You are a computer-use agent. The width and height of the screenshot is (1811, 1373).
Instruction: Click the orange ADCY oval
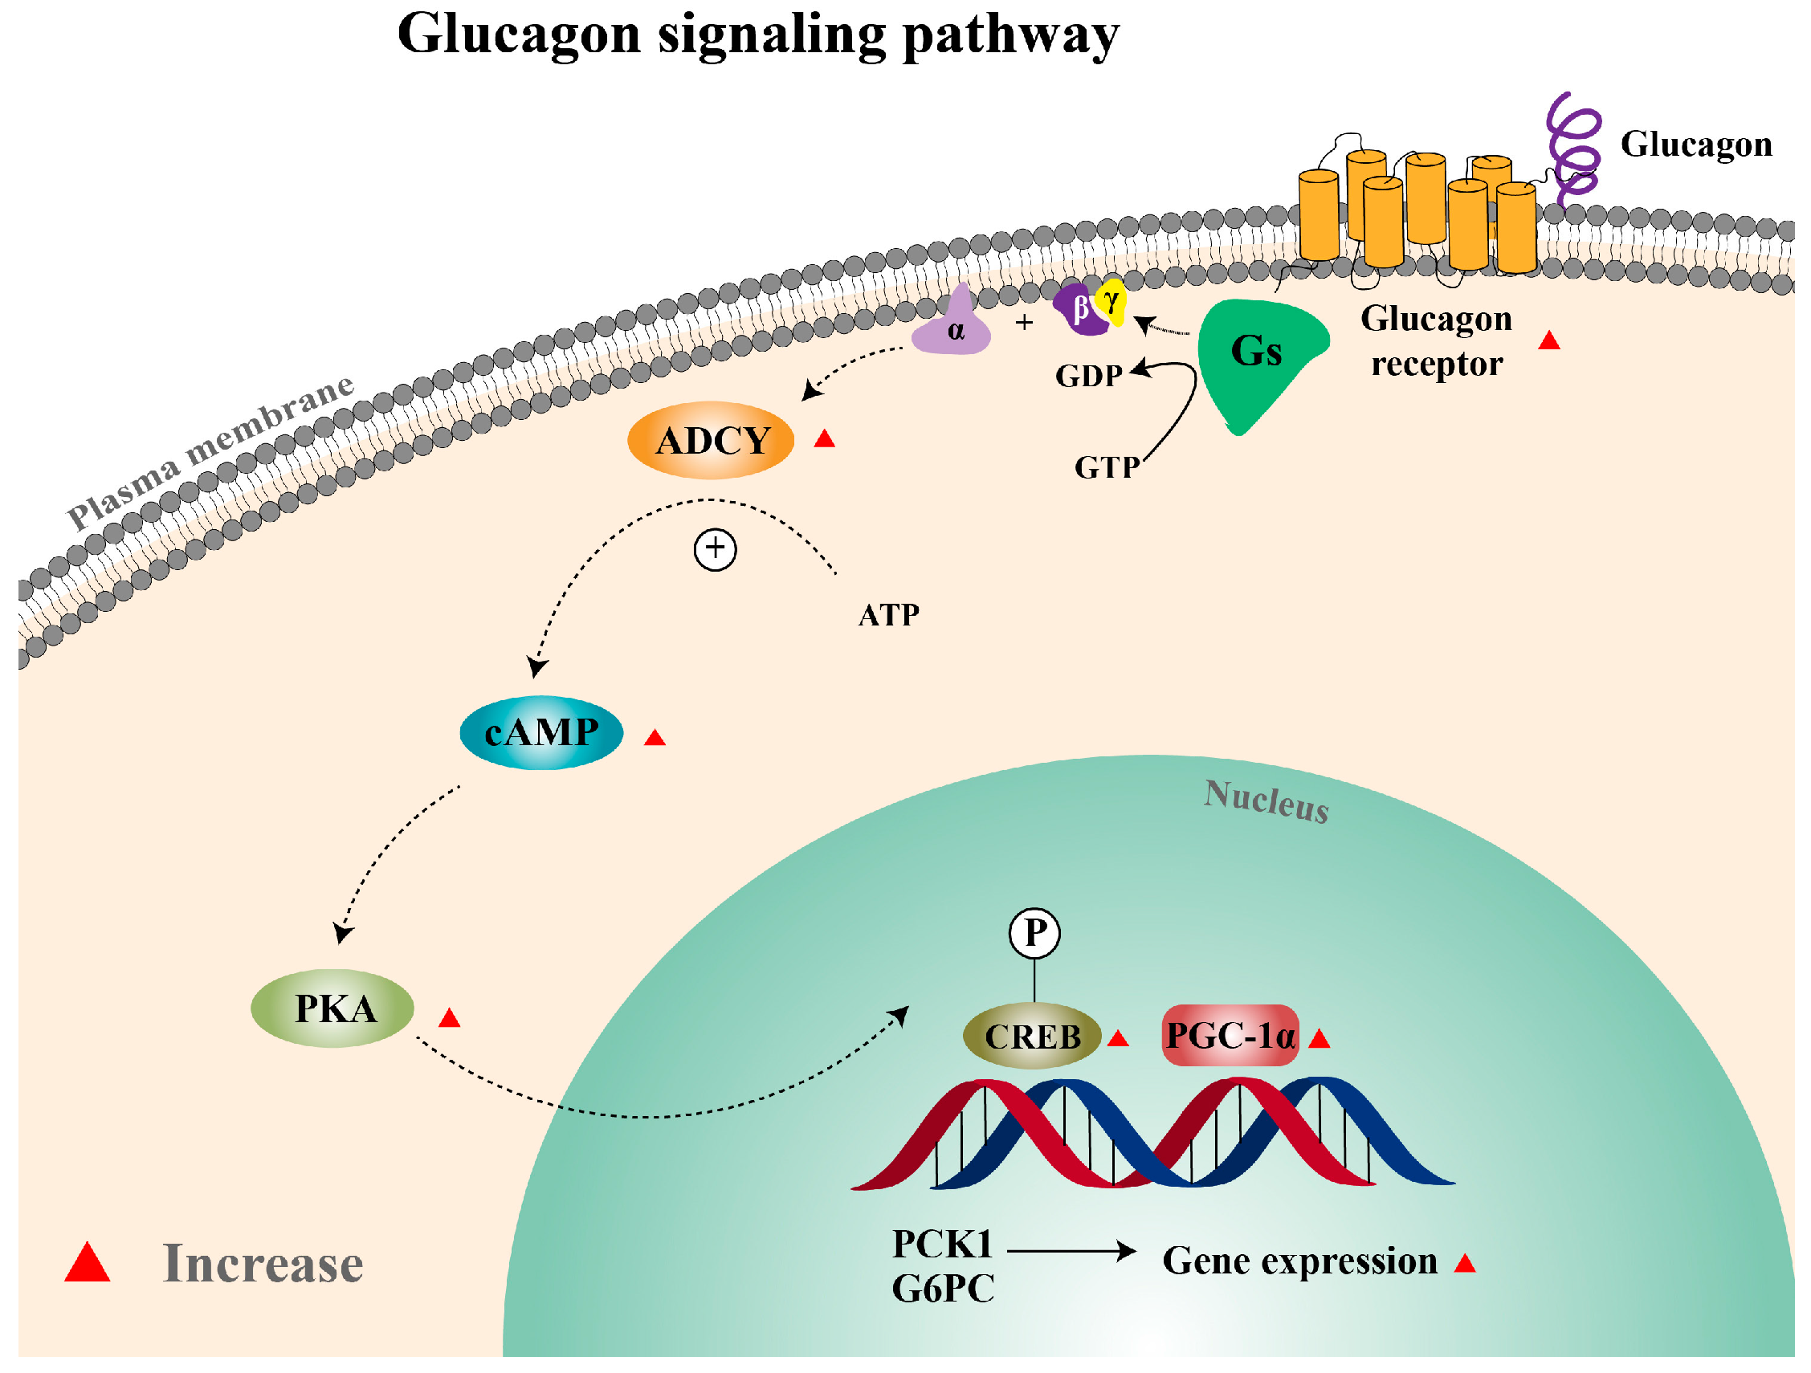pos(711,441)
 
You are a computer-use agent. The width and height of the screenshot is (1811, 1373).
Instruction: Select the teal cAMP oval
pos(541,732)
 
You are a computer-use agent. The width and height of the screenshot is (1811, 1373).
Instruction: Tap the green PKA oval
pos(332,1008)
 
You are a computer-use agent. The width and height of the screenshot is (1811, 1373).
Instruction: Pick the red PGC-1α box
pos(1230,1036)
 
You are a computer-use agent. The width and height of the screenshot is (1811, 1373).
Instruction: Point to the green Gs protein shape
pos(1253,361)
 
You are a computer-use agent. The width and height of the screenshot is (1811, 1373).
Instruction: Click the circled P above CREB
pos(1035,932)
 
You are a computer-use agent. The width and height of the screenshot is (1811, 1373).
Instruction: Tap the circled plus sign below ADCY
pos(715,548)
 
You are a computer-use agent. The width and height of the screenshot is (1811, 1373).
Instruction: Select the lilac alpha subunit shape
pos(953,328)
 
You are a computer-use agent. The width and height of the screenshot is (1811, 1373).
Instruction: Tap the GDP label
pos(1088,376)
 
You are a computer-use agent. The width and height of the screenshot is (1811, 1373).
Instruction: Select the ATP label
pos(888,615)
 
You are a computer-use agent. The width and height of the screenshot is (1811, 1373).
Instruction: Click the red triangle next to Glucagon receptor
pos(1549,341)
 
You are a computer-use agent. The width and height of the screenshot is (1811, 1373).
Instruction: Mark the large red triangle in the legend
pos(88,1263)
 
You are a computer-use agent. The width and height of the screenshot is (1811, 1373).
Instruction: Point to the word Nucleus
pos(1266,801)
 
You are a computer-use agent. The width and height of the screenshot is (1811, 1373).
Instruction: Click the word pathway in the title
pos(1010,37)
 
